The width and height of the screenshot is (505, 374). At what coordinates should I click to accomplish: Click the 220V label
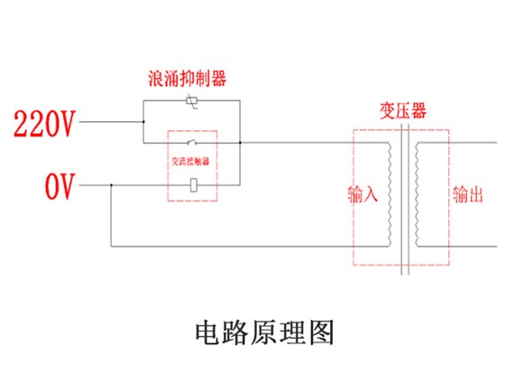pos(42,124)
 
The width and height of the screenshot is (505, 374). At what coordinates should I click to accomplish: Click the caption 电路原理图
pos(264,332)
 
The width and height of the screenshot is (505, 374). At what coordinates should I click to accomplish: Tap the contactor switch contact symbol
pos(192,143)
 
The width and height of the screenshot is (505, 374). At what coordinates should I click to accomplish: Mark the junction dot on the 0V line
pos(110,185)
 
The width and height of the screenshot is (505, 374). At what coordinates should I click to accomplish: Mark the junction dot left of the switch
pos(143,143)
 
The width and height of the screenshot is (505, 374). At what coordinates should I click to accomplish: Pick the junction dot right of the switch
pos(241,143)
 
